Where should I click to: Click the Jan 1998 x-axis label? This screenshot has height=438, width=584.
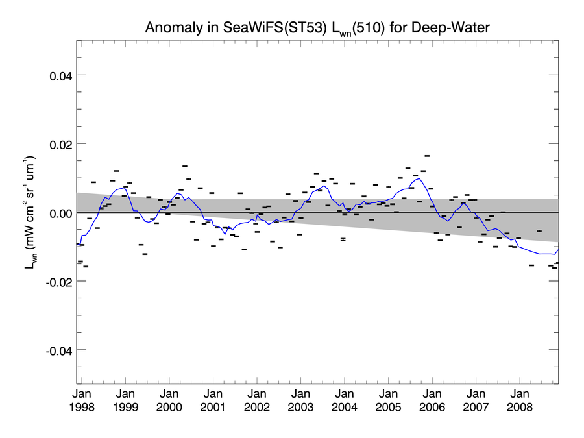(82, 400)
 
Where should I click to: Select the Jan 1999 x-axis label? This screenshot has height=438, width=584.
(125, 400)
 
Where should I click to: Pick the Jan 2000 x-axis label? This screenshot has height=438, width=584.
(169, 400)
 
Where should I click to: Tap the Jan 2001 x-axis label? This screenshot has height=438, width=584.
(213, 400)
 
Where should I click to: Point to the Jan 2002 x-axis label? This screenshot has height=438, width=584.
(257, 400)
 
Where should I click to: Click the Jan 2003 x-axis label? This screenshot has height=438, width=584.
(300, 400)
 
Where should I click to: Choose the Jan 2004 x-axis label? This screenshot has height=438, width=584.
(345, 400)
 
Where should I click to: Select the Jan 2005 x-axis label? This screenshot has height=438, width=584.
(388, 400)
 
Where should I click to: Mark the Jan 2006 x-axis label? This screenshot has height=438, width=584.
(432, 400)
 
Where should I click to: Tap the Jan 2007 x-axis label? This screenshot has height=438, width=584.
(476, 400)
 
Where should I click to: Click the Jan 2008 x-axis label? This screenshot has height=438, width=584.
(520, 400)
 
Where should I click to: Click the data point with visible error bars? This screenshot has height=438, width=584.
(343, 239)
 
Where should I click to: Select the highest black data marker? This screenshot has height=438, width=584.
(427, 156)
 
